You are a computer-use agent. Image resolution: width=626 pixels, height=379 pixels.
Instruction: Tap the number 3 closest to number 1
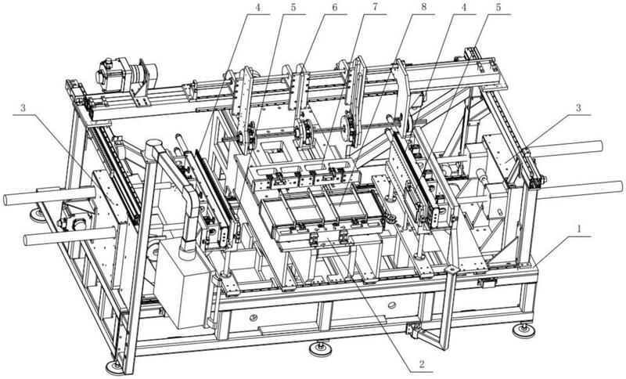577,107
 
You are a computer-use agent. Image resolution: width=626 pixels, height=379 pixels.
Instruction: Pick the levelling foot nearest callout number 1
520,330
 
